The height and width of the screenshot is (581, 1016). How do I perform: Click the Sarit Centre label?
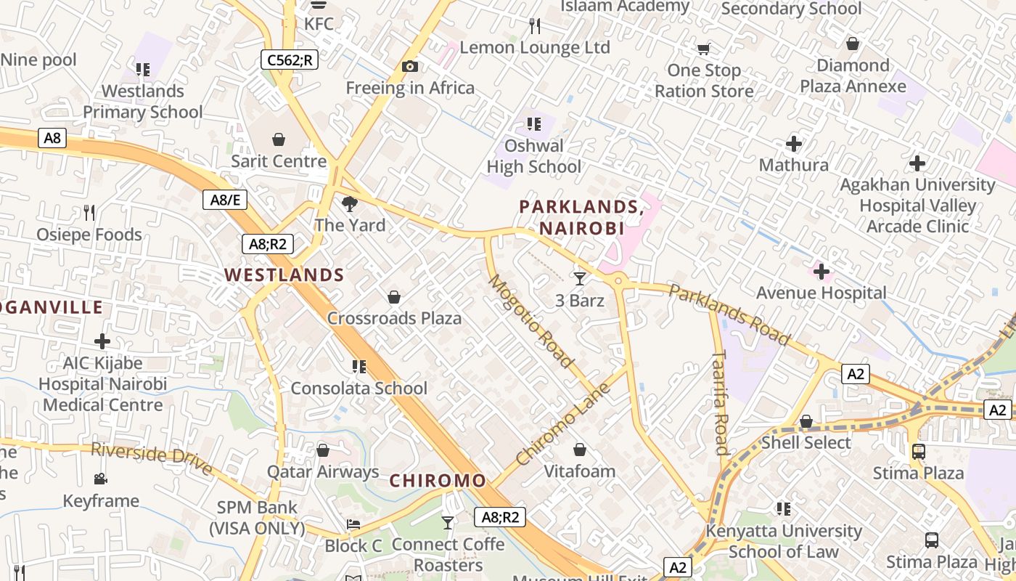tap(279, 161)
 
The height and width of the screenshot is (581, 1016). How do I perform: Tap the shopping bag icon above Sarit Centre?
tap(279, 139)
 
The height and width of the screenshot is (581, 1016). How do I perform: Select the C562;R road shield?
tap(290, 60)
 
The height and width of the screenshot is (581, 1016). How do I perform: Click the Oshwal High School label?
tap(534, 156)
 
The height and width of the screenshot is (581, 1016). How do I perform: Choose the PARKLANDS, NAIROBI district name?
tap(581, 217)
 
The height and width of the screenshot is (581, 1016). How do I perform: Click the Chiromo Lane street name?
tap(564, 424)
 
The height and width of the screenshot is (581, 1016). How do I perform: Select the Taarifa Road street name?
tap(720, 402)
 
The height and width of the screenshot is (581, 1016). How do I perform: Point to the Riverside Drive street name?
tap(152, 459)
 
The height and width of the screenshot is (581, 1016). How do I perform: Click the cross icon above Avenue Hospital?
tap(822, 272)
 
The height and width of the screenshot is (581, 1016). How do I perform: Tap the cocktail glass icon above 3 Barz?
tap(580, 278)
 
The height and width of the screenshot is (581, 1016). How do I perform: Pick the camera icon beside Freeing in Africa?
tap(410, 67)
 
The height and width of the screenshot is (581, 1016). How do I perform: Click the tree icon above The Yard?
tap(350, 204)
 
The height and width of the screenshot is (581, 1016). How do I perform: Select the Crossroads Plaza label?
tap(394, 318)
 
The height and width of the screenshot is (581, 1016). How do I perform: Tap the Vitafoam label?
tap(580, 471)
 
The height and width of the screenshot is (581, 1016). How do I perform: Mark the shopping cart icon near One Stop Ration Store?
tap(703, 49)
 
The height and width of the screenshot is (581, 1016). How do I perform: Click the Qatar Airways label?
tap(323, 472)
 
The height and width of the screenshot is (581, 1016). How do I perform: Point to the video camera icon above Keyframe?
tap(101, 479)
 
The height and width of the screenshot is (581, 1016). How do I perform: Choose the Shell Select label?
tap(806, 442)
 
